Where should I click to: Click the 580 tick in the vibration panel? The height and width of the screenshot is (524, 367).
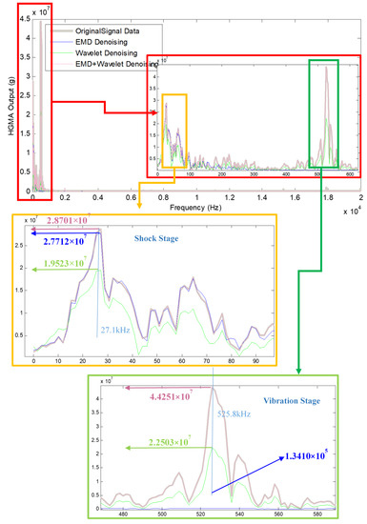pos(325,515)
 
